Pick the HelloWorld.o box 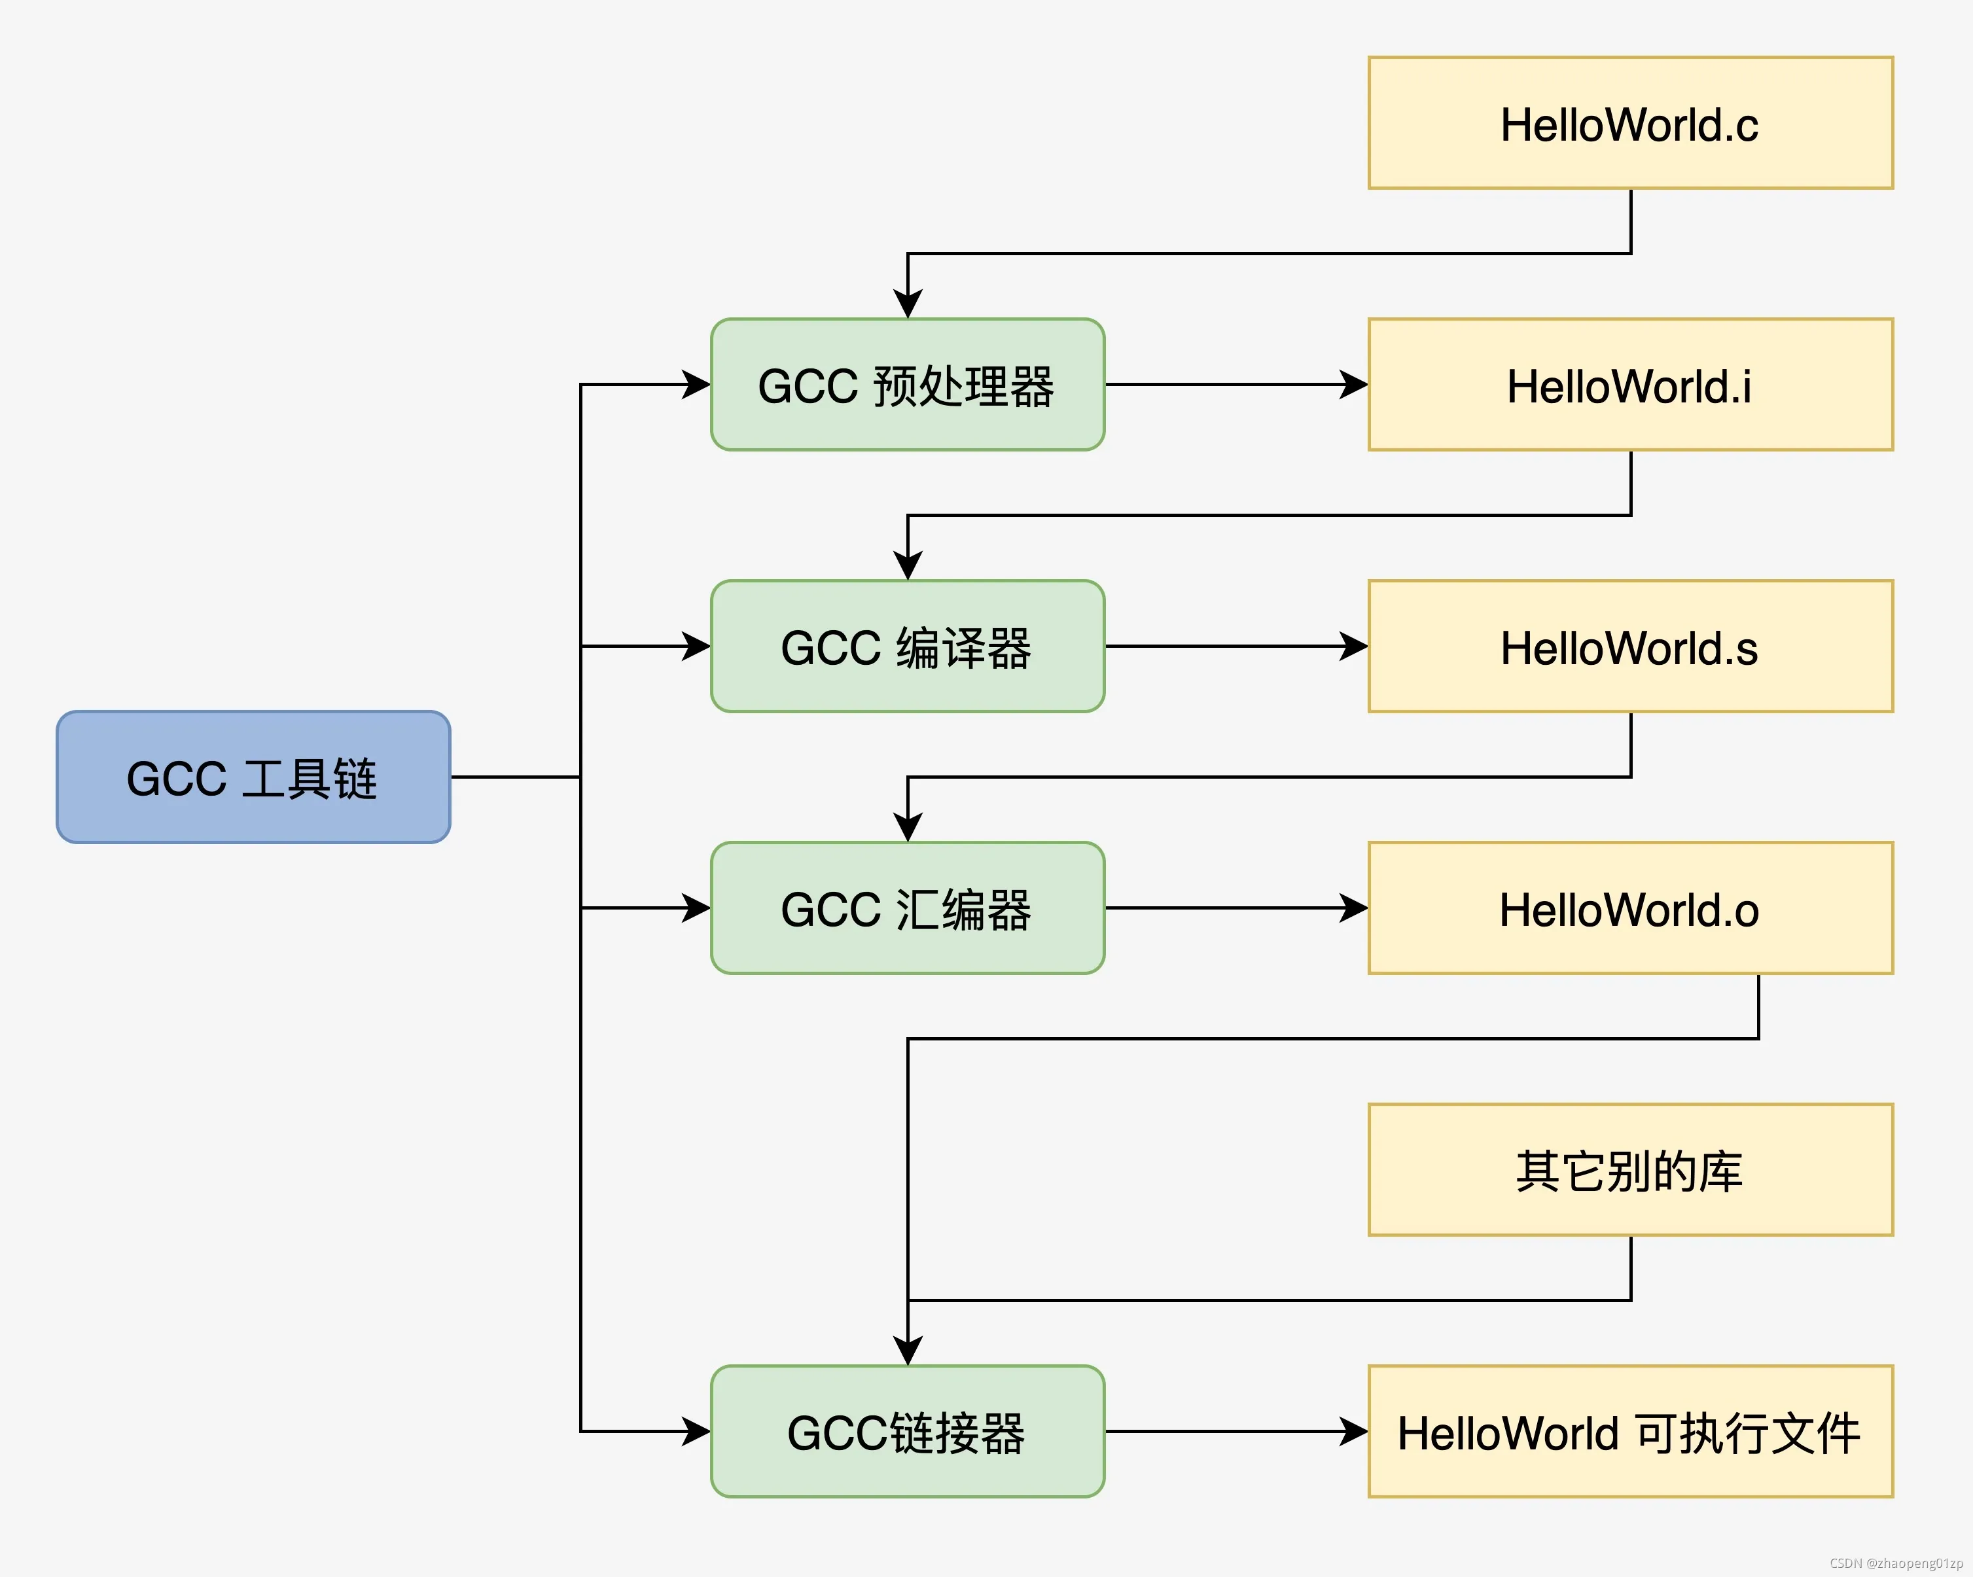1630,909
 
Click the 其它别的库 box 1630,1171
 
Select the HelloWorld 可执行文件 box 1630,1432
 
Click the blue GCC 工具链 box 253,778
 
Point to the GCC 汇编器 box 907,909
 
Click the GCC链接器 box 907,1432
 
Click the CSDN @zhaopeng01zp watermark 1896,1563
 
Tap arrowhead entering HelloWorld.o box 1355,909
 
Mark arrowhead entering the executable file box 1355,1432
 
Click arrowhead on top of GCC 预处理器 908,305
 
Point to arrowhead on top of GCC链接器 908,1352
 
